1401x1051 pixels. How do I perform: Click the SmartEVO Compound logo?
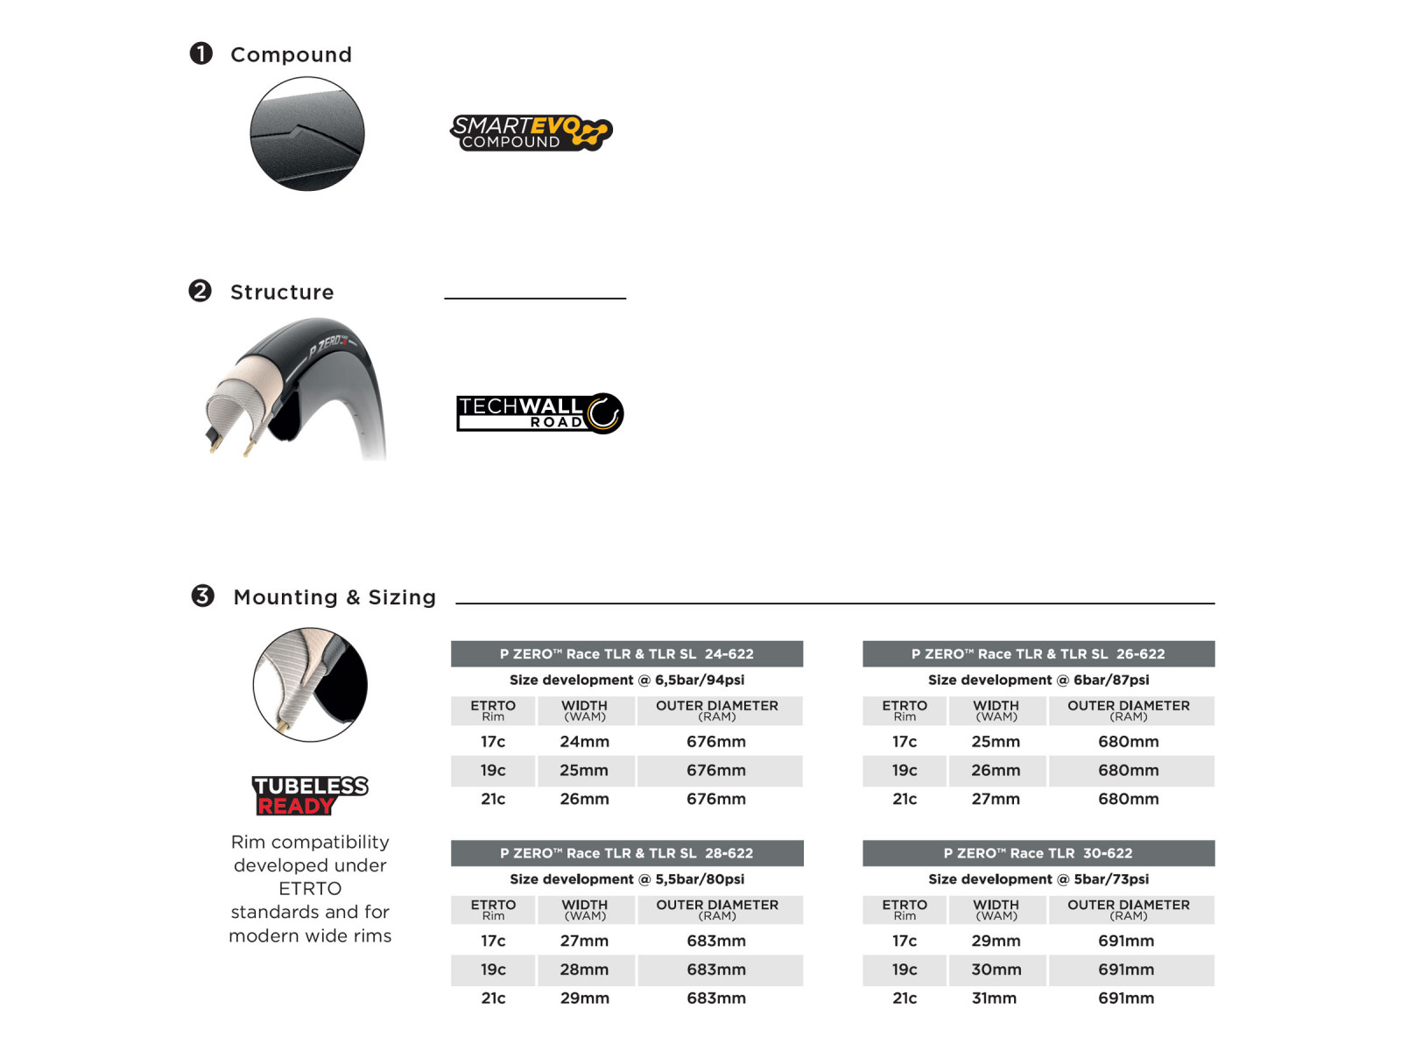click(x=531, y=133)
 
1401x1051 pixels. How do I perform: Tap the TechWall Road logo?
click(x=539, y=413)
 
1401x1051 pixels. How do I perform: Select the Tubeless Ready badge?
click(x=310, y=795)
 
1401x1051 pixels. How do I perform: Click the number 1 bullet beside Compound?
click(x=201, y=53)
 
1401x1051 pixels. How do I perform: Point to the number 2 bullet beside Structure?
click(x=201, y=291)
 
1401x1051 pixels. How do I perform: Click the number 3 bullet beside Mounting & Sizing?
click(x=203, y=596)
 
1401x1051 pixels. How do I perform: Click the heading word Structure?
click(x=282, y=293)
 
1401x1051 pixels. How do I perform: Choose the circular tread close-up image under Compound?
click(x=307, y=134)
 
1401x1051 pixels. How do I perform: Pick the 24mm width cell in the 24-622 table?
click(x=584, y=742)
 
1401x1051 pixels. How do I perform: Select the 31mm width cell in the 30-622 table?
click(x=994, y=998)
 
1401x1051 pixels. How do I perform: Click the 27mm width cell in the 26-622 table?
click(x=996, y=799)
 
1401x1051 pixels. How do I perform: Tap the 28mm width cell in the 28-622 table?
click(x=584, y=970)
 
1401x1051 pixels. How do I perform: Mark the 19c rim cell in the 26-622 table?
click(x=905, y=771)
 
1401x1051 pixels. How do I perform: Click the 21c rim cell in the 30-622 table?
click(x=905, y=998)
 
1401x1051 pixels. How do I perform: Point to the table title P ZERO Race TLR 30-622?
click(x=1038, y=853)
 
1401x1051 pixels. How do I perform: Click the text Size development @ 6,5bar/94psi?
click(x=627, y=680)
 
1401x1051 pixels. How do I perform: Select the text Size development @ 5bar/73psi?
click(x=1038, y=879)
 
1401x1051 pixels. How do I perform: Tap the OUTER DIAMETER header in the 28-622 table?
click(x=717, y=906)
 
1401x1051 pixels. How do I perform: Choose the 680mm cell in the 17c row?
click(x=1128, y=742)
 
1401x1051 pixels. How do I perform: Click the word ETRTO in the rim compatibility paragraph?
click(x=310, y=889)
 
